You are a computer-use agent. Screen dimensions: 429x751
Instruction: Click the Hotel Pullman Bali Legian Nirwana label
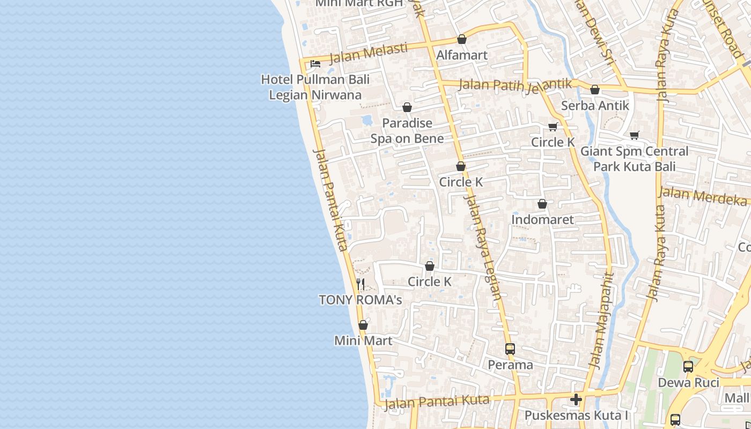point(315,87)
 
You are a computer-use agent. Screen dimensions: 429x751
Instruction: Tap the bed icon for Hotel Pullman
point(315,64)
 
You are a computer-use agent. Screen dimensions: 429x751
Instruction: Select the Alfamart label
point(462,55)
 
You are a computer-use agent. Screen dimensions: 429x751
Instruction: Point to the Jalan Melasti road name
point(368,53)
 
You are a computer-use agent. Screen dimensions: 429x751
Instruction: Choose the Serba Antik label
point(595,106)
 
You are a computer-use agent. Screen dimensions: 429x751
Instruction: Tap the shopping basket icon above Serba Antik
point(595,90)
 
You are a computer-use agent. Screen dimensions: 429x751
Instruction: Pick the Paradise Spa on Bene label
point(407,131)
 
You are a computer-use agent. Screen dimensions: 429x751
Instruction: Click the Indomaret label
point(542,219)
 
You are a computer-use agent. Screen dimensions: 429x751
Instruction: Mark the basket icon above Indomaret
point(542,204)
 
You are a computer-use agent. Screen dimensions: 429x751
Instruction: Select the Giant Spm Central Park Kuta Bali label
point(634,159)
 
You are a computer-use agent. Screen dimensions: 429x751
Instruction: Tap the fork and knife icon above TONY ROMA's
point(360,284)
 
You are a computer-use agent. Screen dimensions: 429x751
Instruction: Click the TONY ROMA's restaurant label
point(360,300)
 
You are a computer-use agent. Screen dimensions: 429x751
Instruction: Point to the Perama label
point(510,365)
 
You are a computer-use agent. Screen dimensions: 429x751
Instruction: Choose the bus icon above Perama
point(510,349)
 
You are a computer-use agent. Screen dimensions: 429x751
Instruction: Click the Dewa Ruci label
point(688,382)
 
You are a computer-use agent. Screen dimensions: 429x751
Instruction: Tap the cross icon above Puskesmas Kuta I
point(576,400)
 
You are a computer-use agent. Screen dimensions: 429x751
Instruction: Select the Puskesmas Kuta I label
point(576,416)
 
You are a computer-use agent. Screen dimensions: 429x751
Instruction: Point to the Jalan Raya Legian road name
point(484,247)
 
